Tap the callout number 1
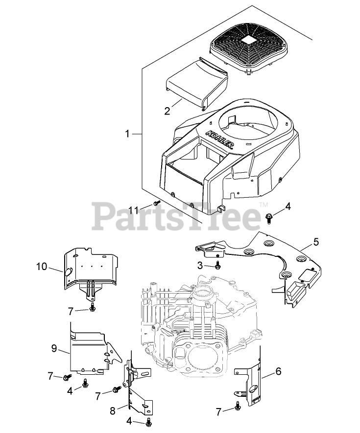click(x=128, y=133)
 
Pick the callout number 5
click(x=316, y=241)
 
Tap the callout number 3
click(x=200, y=265)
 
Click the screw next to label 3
click(x=217, y=265)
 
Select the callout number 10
click(x=42, y=267)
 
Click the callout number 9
click(x=54, y=348)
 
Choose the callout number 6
click(x=278, y=371)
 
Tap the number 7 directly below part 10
click(x=71, y=311)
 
